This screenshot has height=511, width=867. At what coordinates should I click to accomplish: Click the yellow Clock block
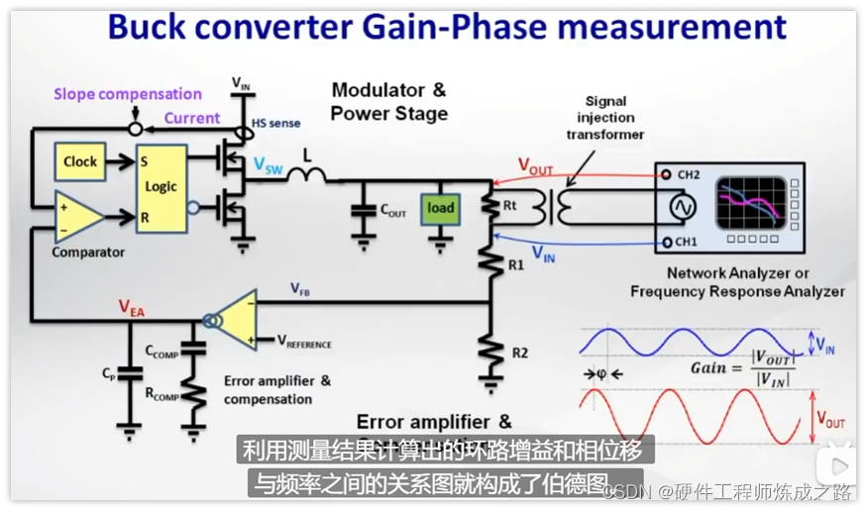80,162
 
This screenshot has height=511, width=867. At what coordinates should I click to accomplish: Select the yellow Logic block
162,187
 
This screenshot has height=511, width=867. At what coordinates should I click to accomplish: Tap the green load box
441,208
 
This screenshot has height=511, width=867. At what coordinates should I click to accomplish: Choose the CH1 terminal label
685,242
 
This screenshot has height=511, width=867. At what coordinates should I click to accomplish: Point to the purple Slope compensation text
128,94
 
